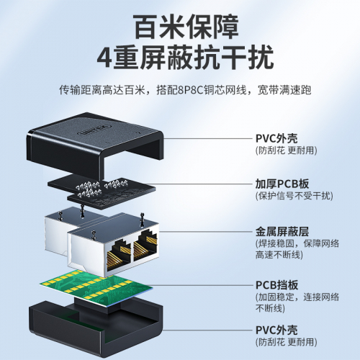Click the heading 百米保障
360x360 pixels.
186,27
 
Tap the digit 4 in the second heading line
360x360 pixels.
104,58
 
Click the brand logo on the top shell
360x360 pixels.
94,130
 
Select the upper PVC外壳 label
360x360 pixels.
276,138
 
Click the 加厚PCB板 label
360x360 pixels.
282,184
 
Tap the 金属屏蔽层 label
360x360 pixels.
282,232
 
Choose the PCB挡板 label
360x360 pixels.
276,285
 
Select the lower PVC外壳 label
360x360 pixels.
276,330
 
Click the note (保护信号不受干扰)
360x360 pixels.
294,196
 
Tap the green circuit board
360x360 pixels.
96,287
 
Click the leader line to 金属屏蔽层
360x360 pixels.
206,232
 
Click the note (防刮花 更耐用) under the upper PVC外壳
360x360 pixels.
287,150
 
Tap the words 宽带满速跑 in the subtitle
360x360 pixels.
284,90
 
